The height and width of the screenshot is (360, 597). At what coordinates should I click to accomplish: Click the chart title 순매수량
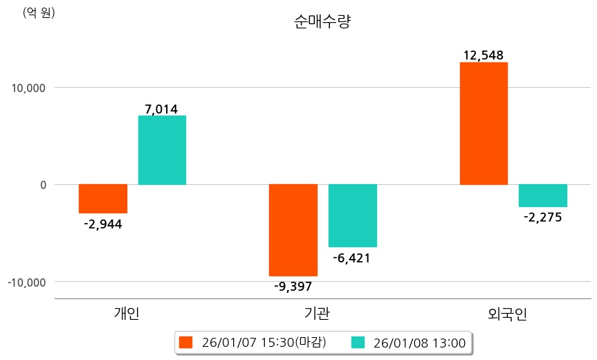click(x=323, y=22)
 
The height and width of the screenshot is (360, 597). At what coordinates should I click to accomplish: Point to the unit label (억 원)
click(x=39, y=12)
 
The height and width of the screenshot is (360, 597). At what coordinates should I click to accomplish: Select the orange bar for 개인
click(x=102, y=199)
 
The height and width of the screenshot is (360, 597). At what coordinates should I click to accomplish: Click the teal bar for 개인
click(x=162, y=150)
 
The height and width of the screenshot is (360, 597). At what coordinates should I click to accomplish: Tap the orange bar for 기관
click(x=293, y=230)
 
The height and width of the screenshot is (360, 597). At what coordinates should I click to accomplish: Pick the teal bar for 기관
click(x=353, y=215)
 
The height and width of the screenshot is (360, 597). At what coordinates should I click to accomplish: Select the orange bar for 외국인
click(x=484, y=123)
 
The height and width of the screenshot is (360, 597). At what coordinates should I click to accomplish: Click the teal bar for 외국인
click(x=543, y=195)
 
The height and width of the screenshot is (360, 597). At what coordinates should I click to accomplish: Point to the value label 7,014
click(x=161, y=109)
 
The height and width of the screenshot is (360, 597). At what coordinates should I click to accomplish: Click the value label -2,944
click(x=102, y=224)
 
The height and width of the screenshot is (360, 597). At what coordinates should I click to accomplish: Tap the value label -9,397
click(x=293, y=287)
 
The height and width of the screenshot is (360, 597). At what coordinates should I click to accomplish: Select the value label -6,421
click(x=352, y=258)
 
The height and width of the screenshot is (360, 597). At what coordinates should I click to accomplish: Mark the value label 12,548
click(x=484, y=55)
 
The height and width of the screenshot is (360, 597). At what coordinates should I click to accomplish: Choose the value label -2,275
click(x=543, y=217)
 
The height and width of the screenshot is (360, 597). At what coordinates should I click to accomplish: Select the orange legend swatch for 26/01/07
click(x=185, y=342)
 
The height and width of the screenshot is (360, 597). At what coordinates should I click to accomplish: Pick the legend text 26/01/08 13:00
click(x=419, y=342)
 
